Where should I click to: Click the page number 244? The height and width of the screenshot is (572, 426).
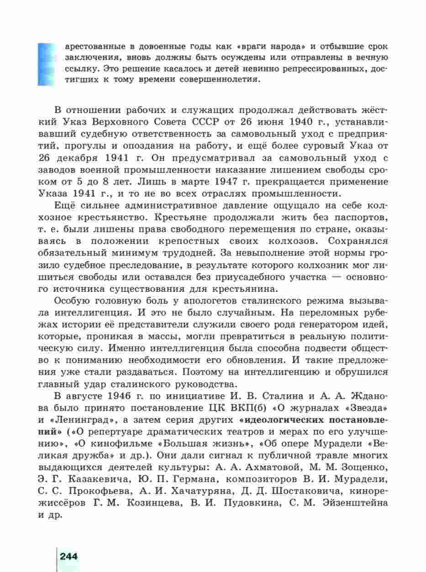click(x=68, y=556)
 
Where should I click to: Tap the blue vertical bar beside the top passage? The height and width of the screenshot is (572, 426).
click(x=46, y=64)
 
